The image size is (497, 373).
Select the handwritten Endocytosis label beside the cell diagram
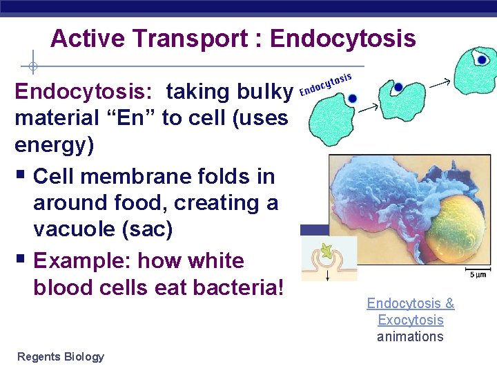click(x=327, y=84)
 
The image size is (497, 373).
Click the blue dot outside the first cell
click(x=352, y=99)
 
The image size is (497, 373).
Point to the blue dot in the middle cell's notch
click(x=398, y=88)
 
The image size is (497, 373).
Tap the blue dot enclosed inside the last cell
click(x=483, y=60)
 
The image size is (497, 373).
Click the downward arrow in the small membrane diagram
click(x=328, y=272)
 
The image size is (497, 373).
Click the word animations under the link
click(x=410, y=336)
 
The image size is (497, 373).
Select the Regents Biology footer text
click(x=61, y=356)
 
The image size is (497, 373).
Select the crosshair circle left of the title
click(x=32, y=67)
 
